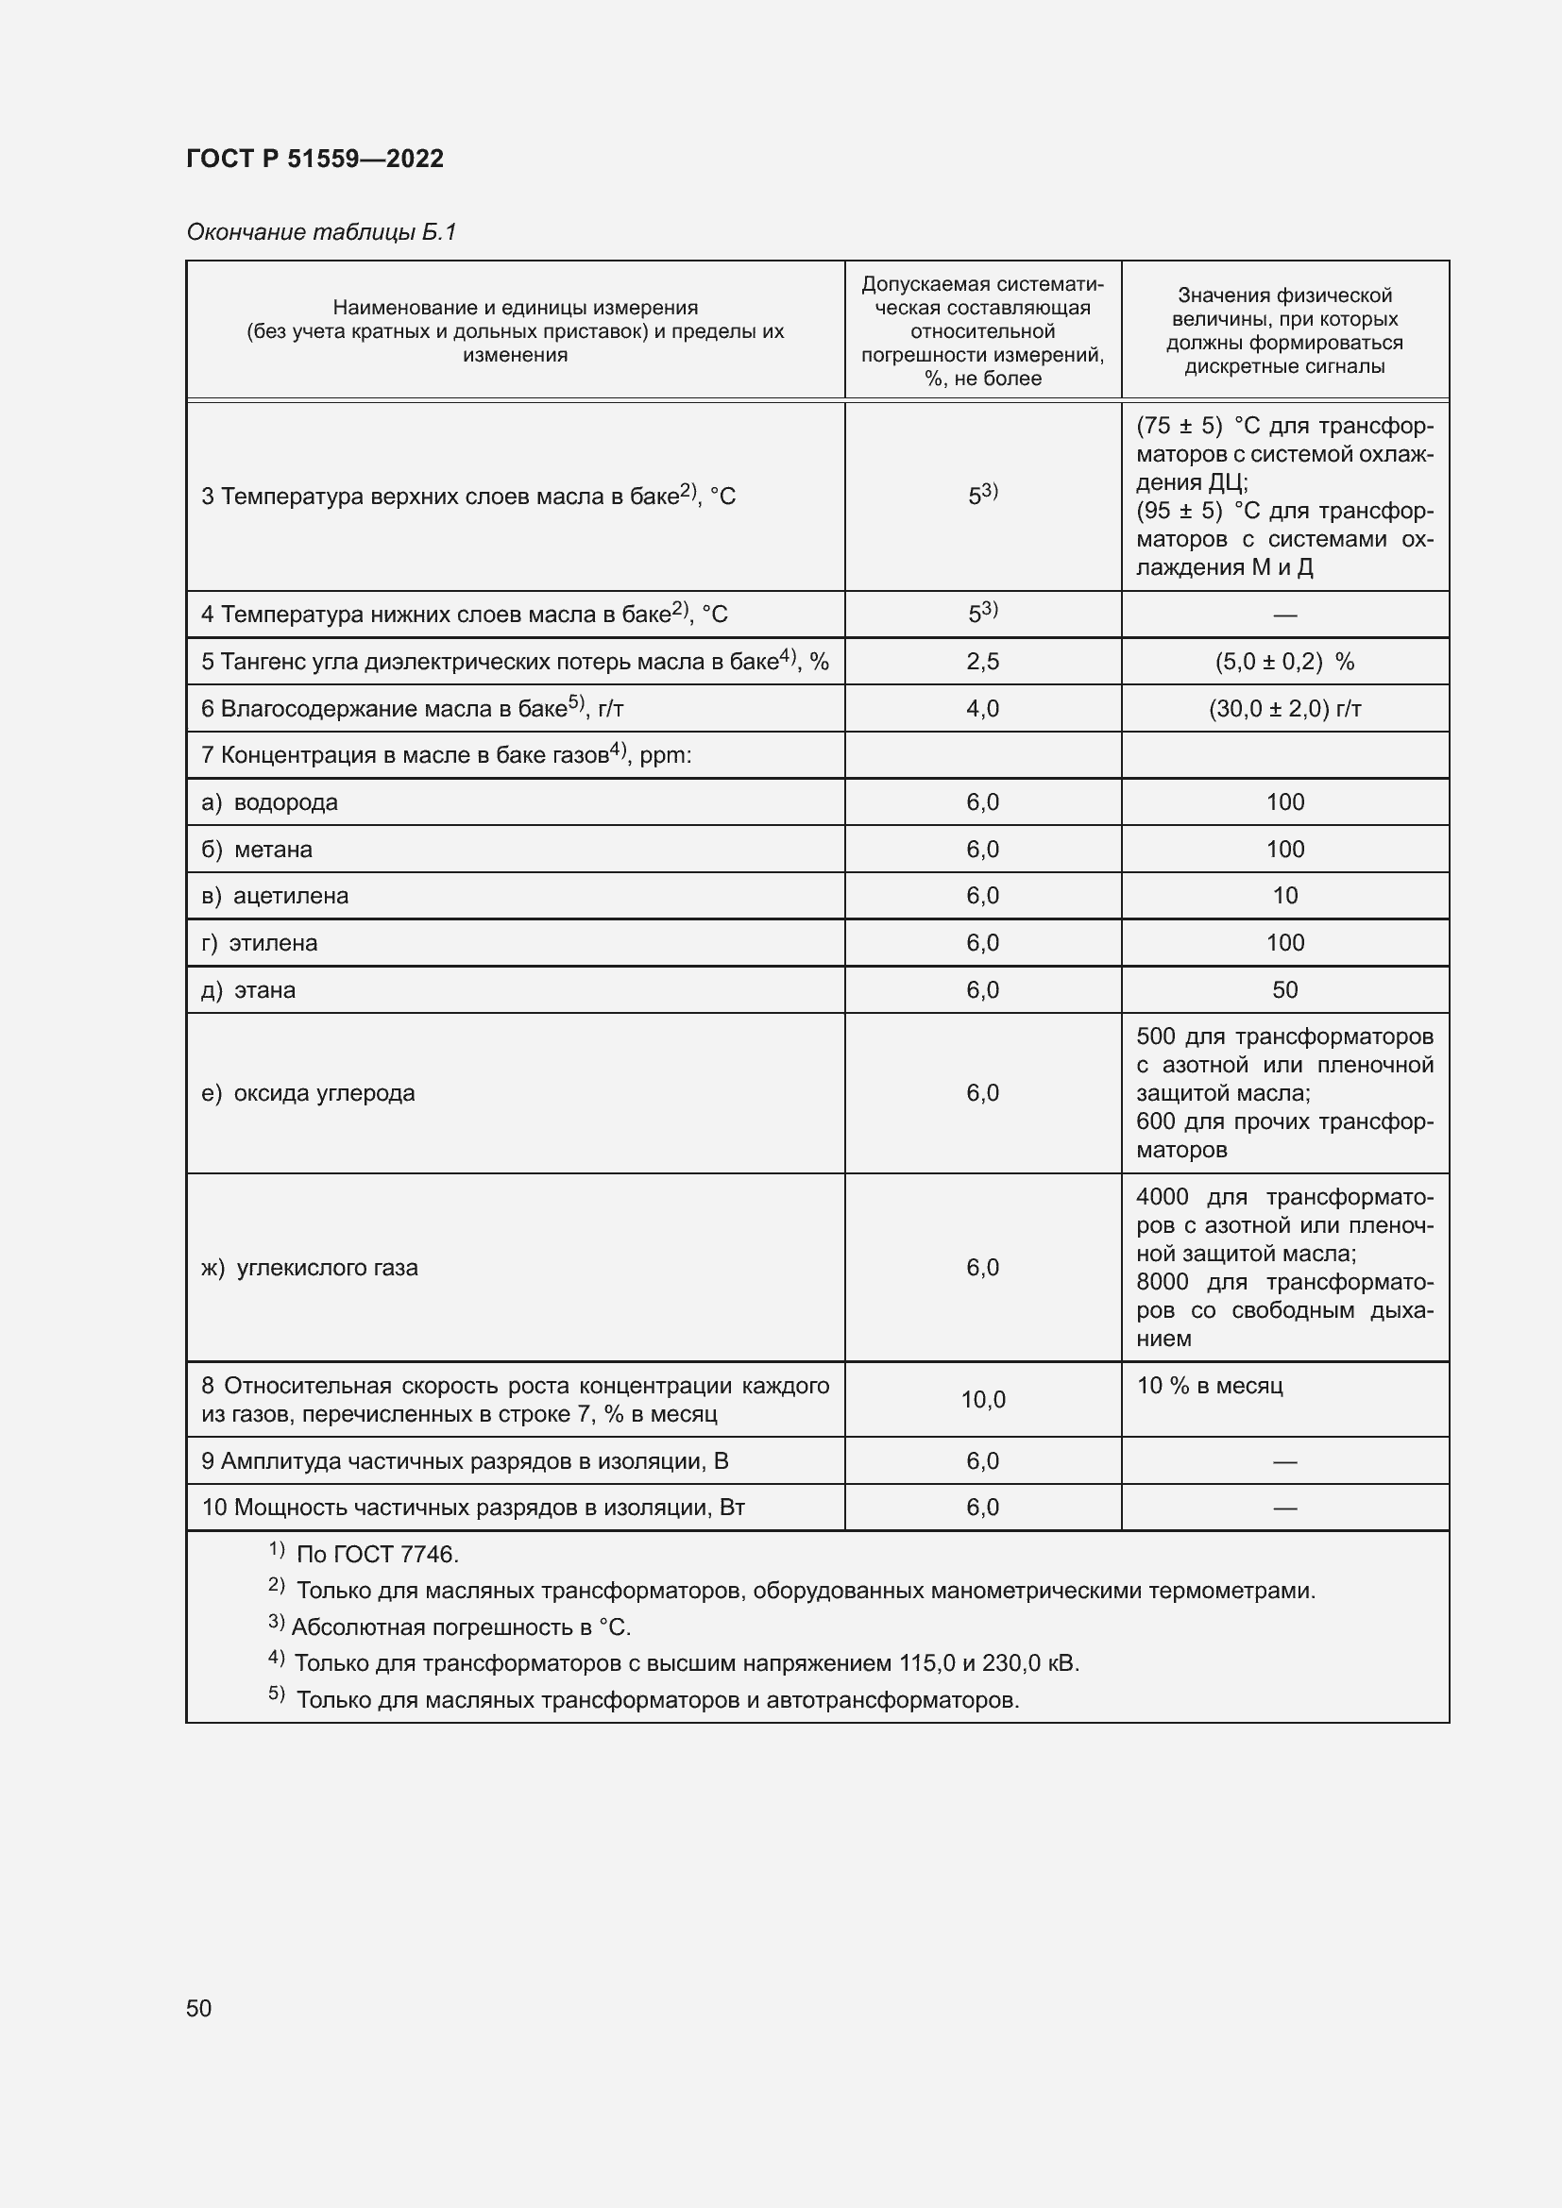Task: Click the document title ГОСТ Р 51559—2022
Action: point(314,159)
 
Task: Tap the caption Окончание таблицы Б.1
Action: point(320,232)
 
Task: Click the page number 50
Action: point(198,2008)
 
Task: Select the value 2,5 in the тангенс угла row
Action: point(982,662)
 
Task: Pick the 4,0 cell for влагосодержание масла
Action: point(982,709)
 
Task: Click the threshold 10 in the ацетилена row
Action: point(1284,896)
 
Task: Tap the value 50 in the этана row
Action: point(1284,990)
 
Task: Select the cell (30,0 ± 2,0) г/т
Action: point(1284,709)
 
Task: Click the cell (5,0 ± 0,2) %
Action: point(1284,662)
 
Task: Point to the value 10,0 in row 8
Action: point(982,1400)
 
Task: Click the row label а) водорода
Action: point(269,803)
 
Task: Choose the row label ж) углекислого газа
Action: point(310,1269)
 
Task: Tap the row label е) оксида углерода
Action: point(308,1093)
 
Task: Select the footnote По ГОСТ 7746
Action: point(376,1555)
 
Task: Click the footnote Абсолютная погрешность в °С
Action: point(460,1628)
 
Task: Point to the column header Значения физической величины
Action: point(1284,330)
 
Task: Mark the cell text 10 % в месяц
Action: point(1209,1386)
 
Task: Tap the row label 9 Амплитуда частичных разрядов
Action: point(465,1461)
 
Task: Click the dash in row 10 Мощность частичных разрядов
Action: point(1284,1509)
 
